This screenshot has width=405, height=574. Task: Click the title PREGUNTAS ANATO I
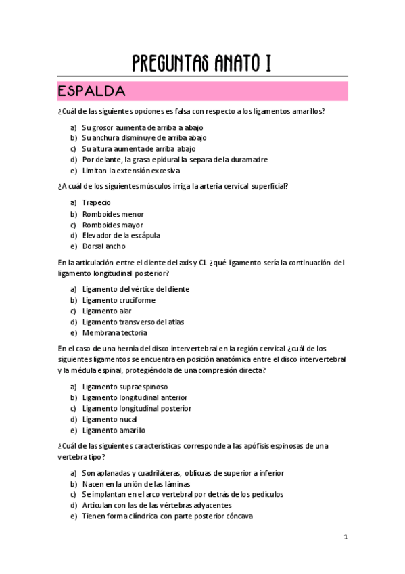coord(202,64)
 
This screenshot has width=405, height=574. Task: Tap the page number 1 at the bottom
coord(345,537)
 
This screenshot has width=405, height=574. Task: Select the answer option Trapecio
coord(96,202)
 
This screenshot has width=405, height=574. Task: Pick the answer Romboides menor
coord(113,214)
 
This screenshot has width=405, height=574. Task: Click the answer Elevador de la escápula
coord(121,236)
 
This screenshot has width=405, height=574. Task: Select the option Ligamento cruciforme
coord(118,300)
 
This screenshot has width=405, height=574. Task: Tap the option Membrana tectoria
coord(114,333)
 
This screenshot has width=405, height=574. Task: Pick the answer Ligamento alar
coord(107,311)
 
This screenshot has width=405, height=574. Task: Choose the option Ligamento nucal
coord(110,419)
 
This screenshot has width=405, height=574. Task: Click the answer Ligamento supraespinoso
coord(125,387)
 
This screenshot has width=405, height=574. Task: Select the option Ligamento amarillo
coord(114,430)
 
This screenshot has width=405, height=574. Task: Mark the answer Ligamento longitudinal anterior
coord(135,397)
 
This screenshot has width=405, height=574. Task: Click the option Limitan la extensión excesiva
coord(130,171)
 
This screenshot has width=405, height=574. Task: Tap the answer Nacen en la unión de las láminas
coord(136,484)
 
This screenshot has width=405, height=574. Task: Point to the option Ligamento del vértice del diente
coord(136,289)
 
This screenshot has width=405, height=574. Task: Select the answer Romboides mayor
coord(112,225)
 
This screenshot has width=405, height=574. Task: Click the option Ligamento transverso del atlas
coord(133,322)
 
